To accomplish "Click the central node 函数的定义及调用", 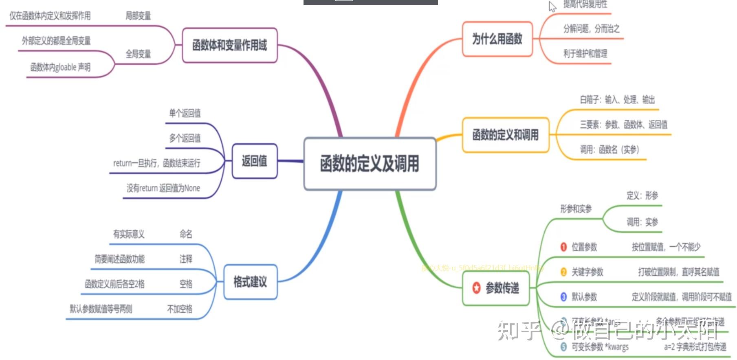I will [370, 164].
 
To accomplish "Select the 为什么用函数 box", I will [497, 39].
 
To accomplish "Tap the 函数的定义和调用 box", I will [505, 135].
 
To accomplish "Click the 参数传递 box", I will [496, 288].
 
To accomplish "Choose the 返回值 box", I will [254, 161].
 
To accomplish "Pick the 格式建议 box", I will [250, 282].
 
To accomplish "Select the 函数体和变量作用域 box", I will [229, 45].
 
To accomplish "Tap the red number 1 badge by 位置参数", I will [563, 247].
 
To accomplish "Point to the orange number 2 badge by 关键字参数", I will [563, 272].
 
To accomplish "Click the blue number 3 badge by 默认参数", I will [563, 297].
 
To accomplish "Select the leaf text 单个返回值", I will [185, 113].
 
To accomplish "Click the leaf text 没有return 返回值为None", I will [163, 188].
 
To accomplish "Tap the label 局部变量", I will [138, 16].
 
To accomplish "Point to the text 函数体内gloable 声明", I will [60, 67].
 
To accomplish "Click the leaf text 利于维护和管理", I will [585, 54].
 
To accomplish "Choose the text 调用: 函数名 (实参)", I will [609, 149].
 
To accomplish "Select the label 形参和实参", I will [576, 209].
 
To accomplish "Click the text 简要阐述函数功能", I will [119, 259].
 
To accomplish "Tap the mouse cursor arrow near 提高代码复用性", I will [552, 6].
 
